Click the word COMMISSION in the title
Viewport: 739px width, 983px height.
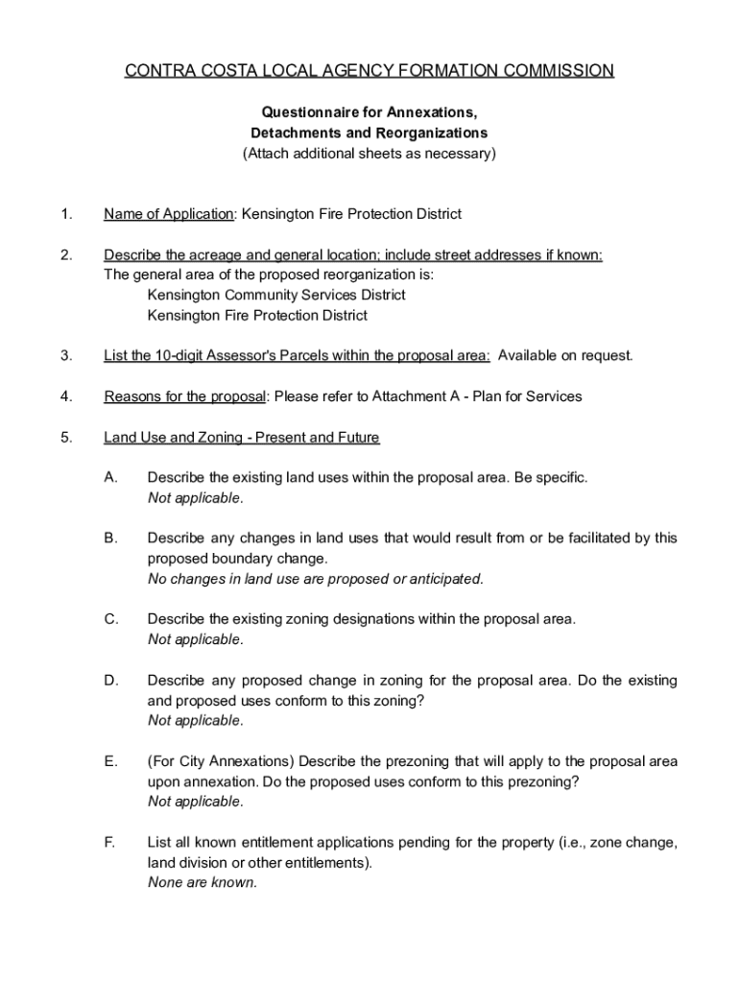(557, 71)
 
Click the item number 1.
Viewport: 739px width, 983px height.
(64, 214)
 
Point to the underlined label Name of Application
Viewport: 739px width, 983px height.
(169, 214)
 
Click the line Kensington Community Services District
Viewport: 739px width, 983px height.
(276, 295)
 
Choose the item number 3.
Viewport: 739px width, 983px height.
(65, 356)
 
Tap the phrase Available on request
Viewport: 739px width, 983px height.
(565, 356)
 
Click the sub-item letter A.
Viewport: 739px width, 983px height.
(110, 477)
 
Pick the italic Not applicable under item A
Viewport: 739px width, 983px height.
(196, 498)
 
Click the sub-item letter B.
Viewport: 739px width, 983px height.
(110, 539)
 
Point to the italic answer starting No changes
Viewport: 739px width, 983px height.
(316, 579)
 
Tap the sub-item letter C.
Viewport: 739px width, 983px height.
(110, 619)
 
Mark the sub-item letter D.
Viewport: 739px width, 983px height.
(110, 681)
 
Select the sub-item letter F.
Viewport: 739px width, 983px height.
(110, 843)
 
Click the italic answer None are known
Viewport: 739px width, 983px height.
(203, 883)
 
